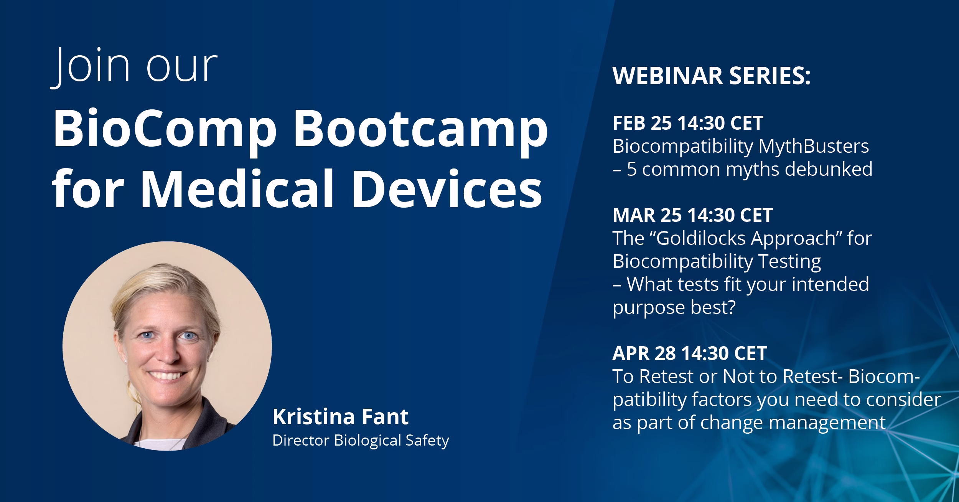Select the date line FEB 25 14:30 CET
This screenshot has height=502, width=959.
coord(688,123)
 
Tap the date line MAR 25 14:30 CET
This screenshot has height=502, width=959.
coord(692,215)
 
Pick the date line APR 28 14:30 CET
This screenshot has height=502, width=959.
coord(690,353)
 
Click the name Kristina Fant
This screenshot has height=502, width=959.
coord(341,417)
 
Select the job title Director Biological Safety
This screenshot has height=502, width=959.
coord(361,440)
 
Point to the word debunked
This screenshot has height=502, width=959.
coord(829,169)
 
